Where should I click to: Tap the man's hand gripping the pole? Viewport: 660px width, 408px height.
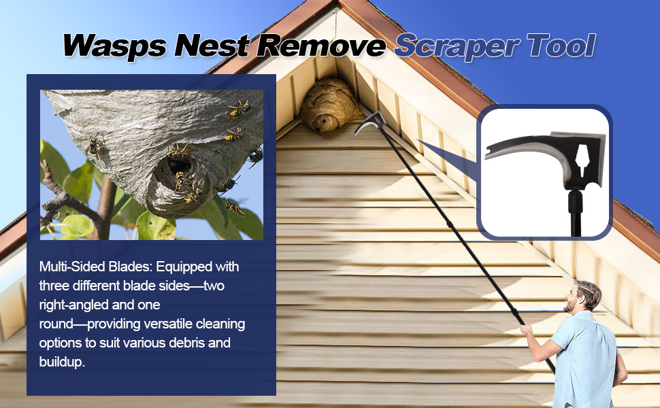point(525,329)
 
